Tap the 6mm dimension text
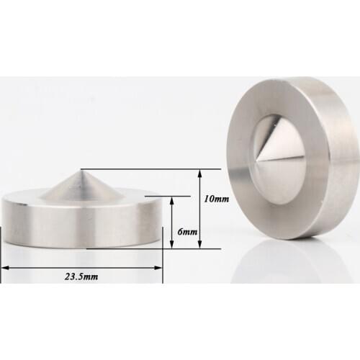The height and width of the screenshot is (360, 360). coord(186,232)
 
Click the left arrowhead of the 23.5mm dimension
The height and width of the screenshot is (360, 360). coord(4,267)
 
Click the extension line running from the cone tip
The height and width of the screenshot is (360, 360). coord(151,169)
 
